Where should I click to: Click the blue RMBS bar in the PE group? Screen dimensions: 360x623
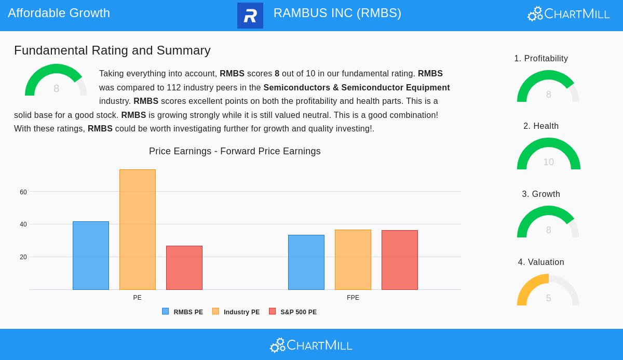[x=91, y=256]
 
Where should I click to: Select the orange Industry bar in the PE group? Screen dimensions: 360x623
[x=138, y=230]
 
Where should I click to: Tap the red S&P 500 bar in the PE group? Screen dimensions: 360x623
[x=184, y=268]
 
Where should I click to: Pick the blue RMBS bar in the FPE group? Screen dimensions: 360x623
[x=306, y=262]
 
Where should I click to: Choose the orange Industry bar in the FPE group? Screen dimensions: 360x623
[x=353, y=260]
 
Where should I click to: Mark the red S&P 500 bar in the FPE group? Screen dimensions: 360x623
[x=400, y=260]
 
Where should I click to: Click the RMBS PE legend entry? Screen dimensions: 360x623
[x=183, y=312]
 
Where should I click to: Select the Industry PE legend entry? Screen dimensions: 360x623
[x=236, y=312]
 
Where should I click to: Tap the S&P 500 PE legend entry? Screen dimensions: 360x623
[x=293, y=312]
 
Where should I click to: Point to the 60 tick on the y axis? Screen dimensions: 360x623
[x=23, y=192]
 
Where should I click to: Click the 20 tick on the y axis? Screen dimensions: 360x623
[x=23, y=257]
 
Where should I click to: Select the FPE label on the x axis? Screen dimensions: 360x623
[x=353, y=298]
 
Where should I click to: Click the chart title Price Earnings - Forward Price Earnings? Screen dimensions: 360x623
[x=235, y=151]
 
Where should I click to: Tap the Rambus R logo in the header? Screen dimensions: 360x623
[x=250, y=16]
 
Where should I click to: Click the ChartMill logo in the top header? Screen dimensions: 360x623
[x=568, y=14]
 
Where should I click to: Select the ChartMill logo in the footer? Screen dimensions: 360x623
[x=311, y=345]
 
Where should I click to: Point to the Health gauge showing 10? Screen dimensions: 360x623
[x=548, y=154]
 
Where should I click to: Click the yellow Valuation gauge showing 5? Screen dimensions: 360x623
[x=548, y=290]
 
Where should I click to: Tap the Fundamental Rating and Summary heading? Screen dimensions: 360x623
[x=112, y=50]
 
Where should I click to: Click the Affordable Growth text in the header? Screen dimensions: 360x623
[x=59, y=13]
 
